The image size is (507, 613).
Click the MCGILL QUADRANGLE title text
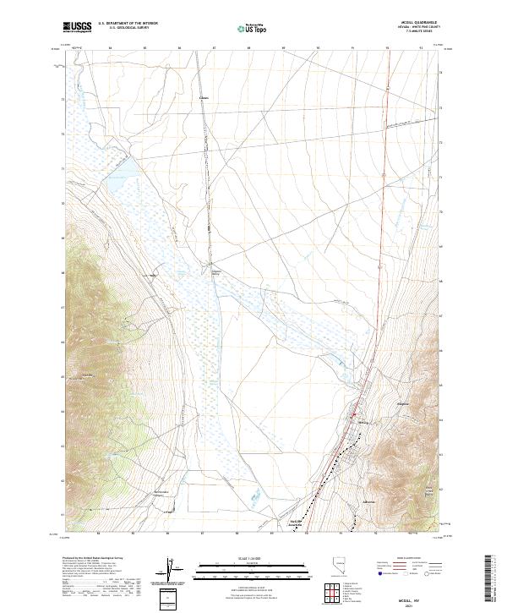(422, 24)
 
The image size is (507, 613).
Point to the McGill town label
(364, 420)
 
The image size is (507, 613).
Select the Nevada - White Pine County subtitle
(422, 28)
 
